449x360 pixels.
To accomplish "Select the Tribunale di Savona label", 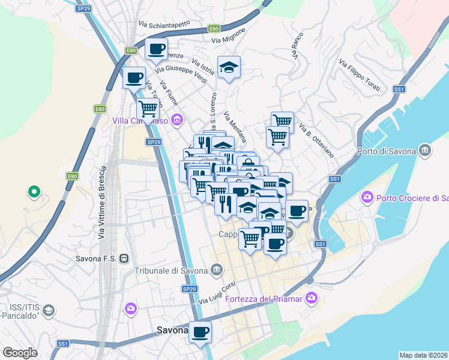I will [172, 271].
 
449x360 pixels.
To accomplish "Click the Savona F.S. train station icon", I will [124, 259].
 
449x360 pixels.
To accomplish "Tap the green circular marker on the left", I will [34, 193].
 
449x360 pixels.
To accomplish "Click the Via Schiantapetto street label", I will [164, 23].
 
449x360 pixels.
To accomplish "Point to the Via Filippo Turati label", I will [359, 75].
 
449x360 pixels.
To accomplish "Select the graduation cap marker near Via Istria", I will [229, 67].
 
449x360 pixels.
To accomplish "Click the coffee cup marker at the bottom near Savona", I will [200, 331].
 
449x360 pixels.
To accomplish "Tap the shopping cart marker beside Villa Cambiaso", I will [147, 109].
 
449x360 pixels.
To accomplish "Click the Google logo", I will [20, 353].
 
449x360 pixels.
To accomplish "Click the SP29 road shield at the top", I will [83, 9].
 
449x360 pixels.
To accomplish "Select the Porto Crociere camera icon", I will [367, 197].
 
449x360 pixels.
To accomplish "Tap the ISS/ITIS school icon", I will [49, 310].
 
